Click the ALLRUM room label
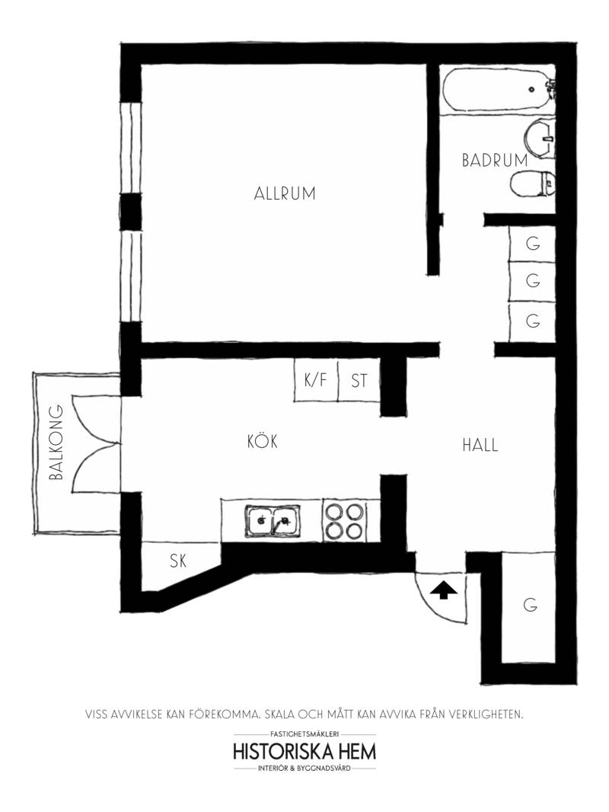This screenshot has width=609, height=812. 285,193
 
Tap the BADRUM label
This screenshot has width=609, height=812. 495,160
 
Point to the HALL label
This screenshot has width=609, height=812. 480,445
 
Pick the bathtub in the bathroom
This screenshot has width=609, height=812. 498,89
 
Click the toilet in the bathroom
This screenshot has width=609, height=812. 532,184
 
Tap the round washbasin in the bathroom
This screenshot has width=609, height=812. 540,138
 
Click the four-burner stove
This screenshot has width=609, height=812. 343,520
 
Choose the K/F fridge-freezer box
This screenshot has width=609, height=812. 316,381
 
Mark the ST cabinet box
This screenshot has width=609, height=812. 359,381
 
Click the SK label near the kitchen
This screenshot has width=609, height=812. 178,561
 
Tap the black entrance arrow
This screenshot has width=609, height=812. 440,590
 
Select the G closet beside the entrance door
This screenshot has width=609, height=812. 528,607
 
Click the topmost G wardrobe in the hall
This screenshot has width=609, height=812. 532,244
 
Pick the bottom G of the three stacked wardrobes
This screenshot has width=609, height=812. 532,321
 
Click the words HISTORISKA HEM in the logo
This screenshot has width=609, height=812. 304,751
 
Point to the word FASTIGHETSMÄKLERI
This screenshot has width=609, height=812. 304,734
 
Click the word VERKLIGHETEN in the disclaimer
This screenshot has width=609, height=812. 486,714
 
